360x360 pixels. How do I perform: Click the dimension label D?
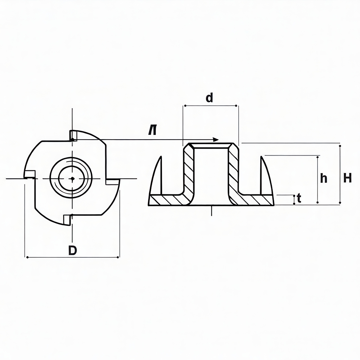tap(73, 250)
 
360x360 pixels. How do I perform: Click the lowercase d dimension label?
tap(209, 98)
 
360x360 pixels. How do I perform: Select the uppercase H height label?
tap(347, 178)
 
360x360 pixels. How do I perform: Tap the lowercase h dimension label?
tap(324, 178)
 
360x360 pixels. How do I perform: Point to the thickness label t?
tap(299, 198)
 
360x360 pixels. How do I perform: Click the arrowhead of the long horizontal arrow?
tap(216, 140)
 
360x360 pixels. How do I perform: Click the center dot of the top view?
tap(73, 179)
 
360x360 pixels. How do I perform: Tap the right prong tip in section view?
tap(261, 157)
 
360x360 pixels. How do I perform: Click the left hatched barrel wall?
tap(189, 169)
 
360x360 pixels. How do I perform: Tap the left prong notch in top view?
tap(30, 175)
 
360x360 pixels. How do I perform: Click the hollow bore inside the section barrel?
tap(211, 173)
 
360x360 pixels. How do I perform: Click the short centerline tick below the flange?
tap(211, 211)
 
